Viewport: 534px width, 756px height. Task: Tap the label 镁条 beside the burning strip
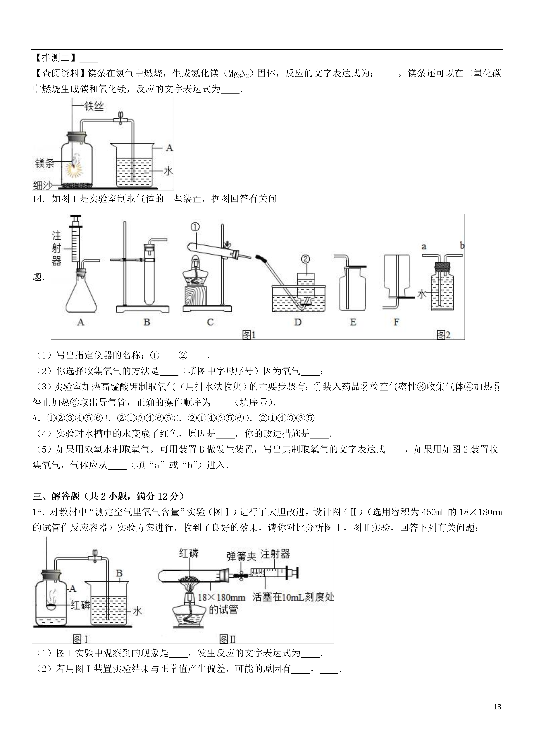45,163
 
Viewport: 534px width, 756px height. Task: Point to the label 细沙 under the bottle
42,186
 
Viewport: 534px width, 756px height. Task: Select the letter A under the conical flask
81,322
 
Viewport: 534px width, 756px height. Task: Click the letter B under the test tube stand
147,322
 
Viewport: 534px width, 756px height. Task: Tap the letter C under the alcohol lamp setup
210,322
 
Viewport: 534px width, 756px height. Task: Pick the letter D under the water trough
298,322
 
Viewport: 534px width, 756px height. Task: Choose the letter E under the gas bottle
353,322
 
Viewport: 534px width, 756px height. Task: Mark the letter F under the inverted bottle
396,322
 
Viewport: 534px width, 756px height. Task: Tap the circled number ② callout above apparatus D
305,259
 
